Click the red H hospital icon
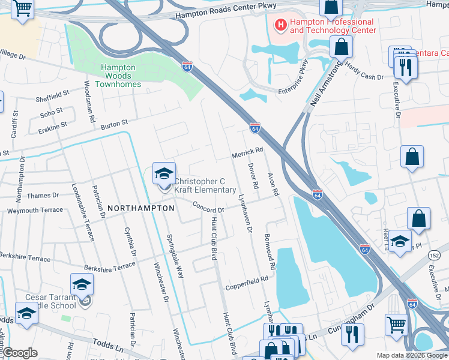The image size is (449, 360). click(279, 25)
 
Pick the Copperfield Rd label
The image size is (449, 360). click(247, 284)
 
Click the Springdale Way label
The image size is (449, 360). click(175, 256)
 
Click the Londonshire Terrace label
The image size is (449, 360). click(82, 212)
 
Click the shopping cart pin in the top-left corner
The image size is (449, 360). click(22, 10)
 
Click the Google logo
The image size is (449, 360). click(20, 353)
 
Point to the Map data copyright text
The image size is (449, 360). click(412, 355)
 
